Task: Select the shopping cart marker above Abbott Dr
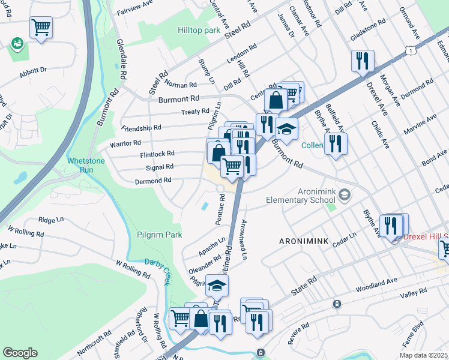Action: (41, 27)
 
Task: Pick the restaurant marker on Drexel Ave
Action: (363, 61)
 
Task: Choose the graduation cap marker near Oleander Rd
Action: (217, 286)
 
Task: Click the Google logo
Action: (20, 353)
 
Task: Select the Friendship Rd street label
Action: (141, 128)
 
